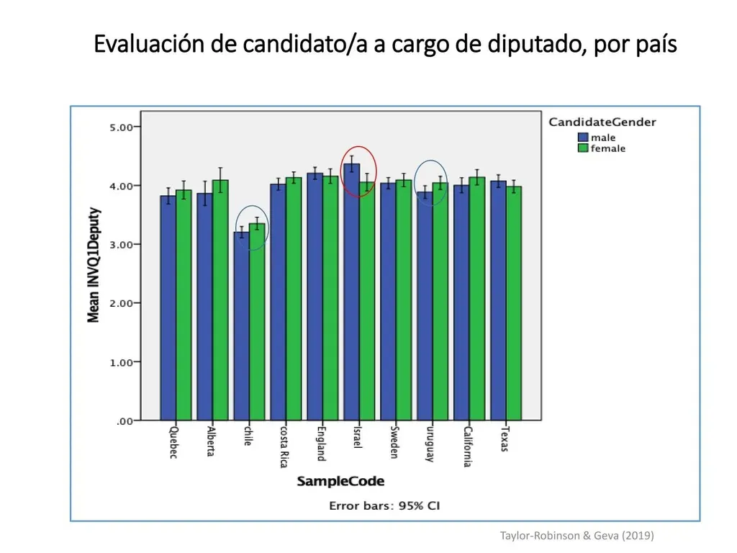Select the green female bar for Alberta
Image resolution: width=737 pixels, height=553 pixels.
tap(220, 300)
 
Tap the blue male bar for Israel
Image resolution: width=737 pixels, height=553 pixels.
tap(351, 292)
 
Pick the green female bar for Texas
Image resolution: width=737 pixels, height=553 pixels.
tap(514, 303)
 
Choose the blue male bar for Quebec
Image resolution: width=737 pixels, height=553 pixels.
tap(168, 308)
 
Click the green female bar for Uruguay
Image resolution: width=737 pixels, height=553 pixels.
tap(440, 302)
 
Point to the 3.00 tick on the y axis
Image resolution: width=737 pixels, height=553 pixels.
tap(137, 245)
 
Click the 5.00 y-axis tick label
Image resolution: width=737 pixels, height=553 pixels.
tap(121, 127)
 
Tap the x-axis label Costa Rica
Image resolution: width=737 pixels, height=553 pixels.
tap(284, 446)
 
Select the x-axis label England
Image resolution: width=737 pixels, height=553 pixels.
tap(321, 444)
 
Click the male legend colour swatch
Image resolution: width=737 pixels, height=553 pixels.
tap(583, 138)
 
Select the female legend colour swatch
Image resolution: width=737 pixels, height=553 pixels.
tap(583, 148)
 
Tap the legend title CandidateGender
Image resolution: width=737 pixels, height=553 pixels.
tap(602, 122)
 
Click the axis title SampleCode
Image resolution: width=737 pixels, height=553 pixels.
tap(340, 481)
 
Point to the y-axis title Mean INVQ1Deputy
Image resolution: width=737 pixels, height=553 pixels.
tap(94, 265)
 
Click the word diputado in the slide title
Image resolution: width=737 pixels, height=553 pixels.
tap(535, 44)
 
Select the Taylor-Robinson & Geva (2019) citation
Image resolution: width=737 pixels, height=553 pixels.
tap(577, 536)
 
